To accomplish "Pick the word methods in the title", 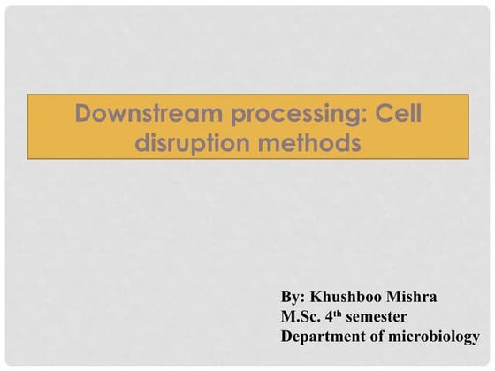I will (310, 142).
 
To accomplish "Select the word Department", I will (321, 337).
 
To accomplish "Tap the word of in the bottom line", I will (375, 337).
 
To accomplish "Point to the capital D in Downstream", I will (84, 114).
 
